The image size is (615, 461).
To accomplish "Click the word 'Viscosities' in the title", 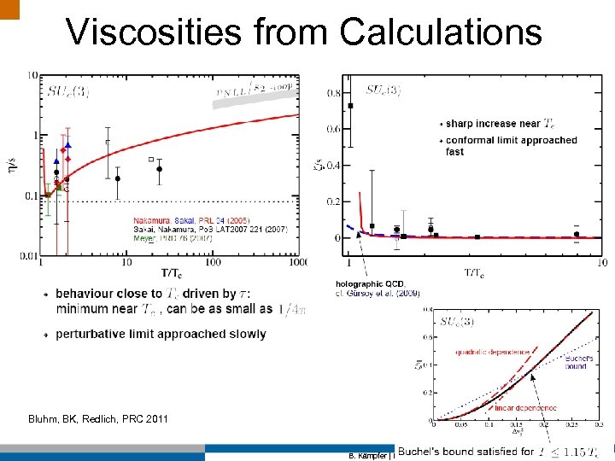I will click(153, 32).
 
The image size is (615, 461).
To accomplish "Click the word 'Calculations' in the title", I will click(440, 32).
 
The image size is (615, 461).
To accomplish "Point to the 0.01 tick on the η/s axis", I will click(27, 255).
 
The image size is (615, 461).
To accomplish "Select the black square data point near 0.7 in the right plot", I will click(351, 106).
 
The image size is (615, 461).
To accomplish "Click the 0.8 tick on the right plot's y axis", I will click(334, 92).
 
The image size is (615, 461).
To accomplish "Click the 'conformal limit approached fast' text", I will click(511, 145).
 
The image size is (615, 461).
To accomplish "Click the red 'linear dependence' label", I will click(520, 408).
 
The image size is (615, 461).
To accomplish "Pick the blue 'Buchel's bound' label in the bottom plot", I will click(578, 363).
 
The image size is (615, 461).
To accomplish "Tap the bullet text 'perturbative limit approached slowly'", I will click(161, 334).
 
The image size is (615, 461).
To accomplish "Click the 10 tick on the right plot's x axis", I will click(601, 262).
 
